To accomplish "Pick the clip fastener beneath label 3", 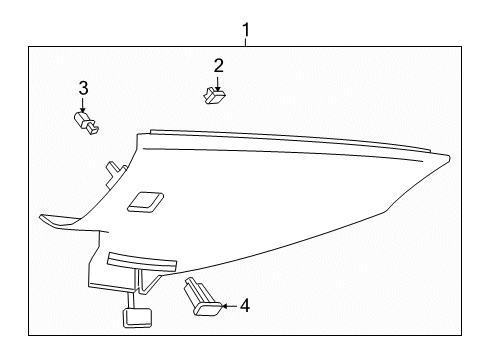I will (x=86, y=125).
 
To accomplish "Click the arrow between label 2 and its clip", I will (x=217, y=83).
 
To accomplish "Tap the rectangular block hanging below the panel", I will (x=135, y=318).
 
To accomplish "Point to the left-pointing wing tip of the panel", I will (x=45, y=215).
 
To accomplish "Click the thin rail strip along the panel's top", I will (x=290, y=141).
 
